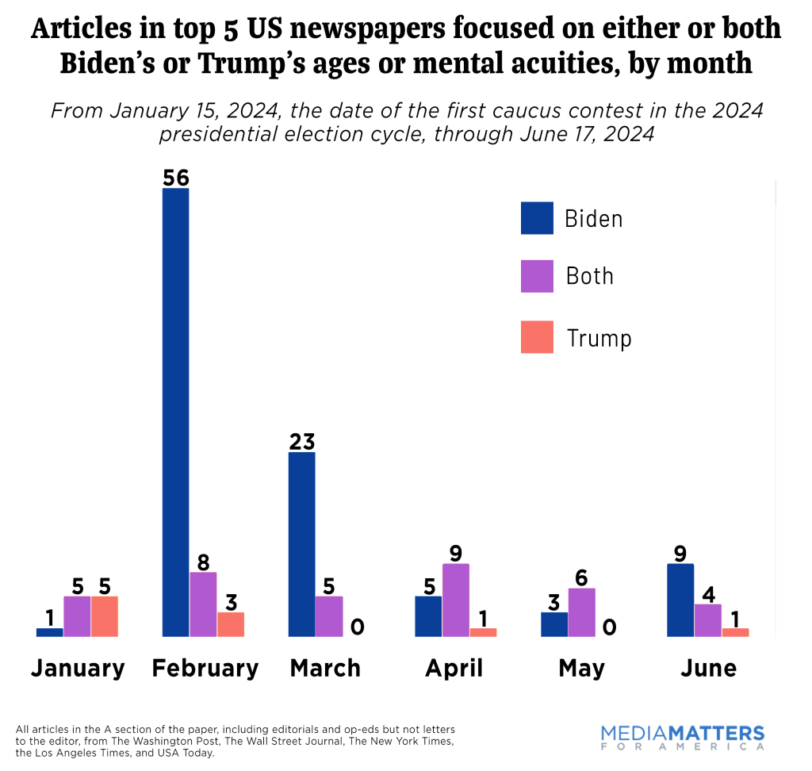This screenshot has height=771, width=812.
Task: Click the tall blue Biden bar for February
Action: coord(175,412)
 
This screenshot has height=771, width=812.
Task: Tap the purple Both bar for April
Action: coord(456,600)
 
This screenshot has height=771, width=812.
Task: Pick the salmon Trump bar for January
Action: coord(105,616)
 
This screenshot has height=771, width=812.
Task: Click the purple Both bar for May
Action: coord(581,612)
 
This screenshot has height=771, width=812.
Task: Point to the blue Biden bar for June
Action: coord(680,600)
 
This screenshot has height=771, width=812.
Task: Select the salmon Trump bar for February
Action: coord(231,624)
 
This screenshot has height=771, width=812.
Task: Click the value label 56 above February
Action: coord(175,177)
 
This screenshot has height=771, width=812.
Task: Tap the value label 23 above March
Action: coord(301,441)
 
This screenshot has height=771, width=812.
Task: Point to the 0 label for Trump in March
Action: coord(357,627)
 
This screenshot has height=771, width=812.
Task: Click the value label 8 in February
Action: coord(203,562)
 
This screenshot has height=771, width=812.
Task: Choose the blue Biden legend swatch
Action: coord(537,218)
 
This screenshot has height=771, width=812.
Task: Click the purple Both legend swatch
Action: coord(537,276)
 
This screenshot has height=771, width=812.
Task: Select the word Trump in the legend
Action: coord(599,339)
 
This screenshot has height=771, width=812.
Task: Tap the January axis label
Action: coord(78,668)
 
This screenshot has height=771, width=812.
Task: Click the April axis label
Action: coord(454,668)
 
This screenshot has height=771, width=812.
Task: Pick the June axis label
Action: coord(708,668)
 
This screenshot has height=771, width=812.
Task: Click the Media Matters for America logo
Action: coord(683,737)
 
